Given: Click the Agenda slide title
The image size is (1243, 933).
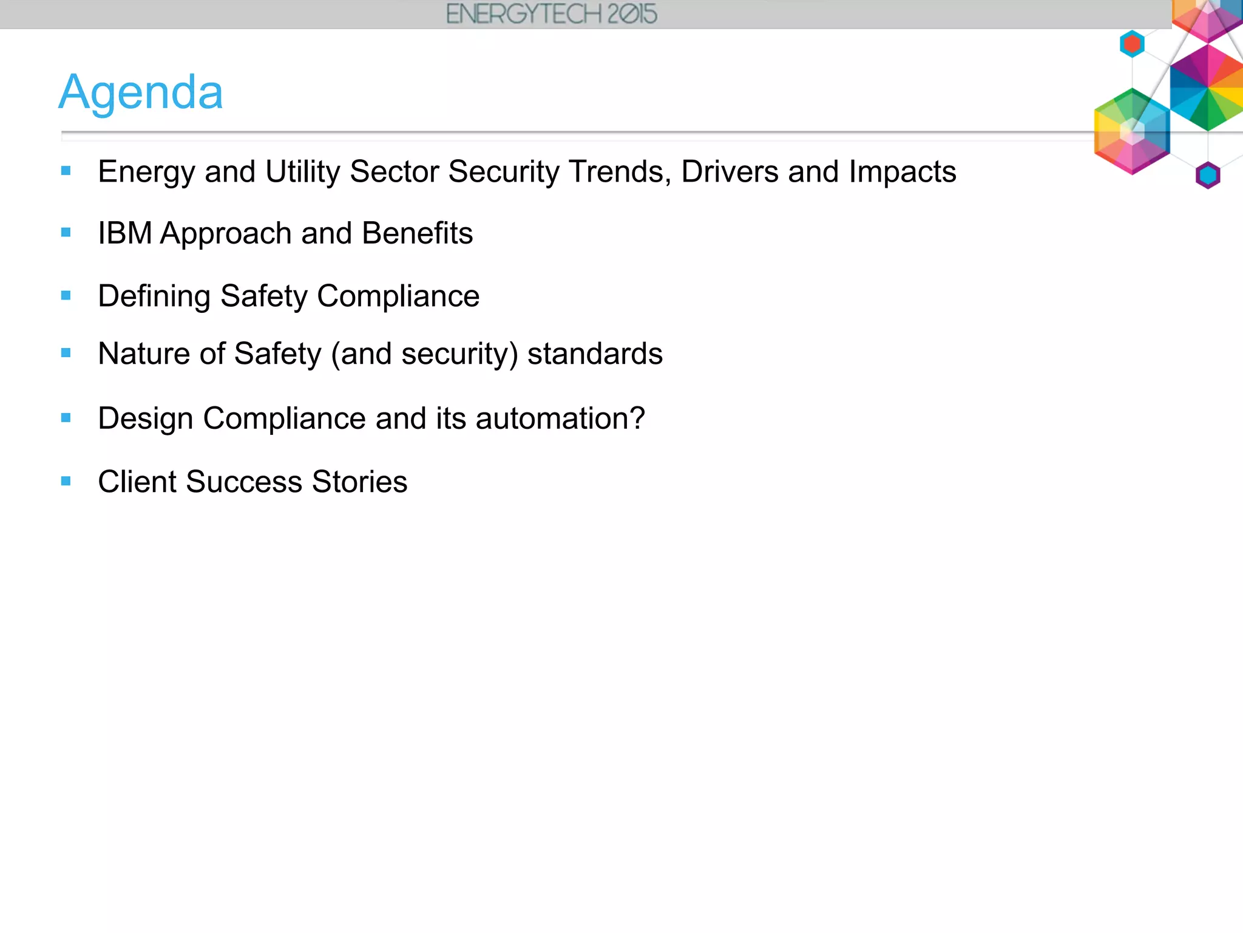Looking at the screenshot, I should coord(141,92).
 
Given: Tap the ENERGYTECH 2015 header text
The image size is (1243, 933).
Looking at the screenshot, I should coord(551,14).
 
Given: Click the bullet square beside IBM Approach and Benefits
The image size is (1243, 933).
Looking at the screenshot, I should coord(66,233).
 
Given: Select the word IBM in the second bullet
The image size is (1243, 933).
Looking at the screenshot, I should coord(124,233).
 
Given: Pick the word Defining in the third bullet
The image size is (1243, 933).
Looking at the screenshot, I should coord(154,296).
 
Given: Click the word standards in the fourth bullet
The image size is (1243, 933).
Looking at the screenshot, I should coord(595,354).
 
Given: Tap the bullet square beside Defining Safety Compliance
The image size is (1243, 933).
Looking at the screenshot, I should coord(66,296).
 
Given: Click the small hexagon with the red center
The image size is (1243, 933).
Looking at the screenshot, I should coord(1132,44).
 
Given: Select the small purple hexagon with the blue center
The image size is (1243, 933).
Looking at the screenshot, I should coord(1208,176).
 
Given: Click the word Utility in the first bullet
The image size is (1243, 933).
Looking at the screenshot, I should coord(302,171).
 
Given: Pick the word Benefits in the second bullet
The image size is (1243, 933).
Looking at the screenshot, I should coord(417,233).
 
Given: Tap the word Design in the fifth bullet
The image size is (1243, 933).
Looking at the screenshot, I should coord(146,419).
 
